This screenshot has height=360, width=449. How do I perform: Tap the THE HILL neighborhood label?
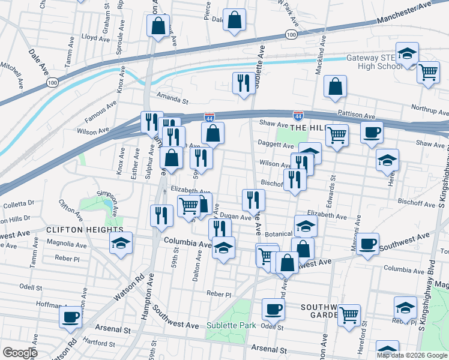pos(307,128)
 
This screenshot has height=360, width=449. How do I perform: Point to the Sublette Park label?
pos(231,325)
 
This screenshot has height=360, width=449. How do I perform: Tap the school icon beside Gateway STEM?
pos(407,54)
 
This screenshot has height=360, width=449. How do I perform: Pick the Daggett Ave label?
pos(276,145)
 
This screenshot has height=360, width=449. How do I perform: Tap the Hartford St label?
pos(99,344)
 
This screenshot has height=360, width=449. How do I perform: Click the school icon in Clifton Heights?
pos(121,244)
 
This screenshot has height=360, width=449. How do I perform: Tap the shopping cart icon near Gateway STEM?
pos(428,72)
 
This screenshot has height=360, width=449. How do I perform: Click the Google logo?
pos(20,353)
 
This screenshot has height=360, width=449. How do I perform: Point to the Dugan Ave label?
pos(236,218)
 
